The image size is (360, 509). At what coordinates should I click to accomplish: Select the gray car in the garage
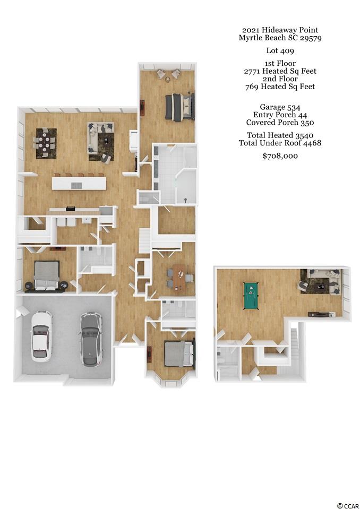[91, 339]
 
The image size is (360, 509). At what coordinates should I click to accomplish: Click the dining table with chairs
[46, 143]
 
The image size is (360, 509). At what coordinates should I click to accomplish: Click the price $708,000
[280, 156]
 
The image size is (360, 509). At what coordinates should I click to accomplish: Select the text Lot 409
[280, 50]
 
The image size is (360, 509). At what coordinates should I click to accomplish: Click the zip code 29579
[311, 38]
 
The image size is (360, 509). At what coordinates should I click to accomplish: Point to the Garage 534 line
[280, 107]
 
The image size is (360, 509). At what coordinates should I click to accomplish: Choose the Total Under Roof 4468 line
[280, 143]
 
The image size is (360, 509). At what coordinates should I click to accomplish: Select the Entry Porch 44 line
[280, 115]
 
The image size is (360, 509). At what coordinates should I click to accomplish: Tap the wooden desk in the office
[179, 278]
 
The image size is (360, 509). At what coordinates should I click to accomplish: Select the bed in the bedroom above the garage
[47, 275]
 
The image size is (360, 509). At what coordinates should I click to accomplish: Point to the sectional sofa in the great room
[100, 142]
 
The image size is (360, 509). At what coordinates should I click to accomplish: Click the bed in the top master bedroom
[180, 107]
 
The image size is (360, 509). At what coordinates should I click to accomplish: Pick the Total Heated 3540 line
[280, 135]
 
